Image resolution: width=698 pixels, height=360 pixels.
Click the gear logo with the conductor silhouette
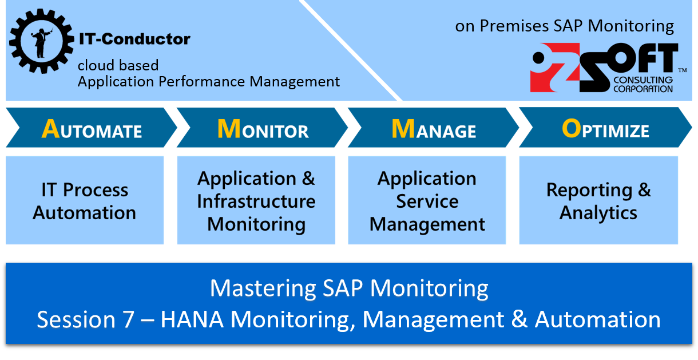click(x=41, y=41)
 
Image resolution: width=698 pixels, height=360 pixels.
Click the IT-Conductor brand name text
click(x=134, y=39)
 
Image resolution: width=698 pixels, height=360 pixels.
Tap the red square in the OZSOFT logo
click(x=546, y=72)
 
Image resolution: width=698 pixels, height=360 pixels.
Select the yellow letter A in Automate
click(x=50, y=130)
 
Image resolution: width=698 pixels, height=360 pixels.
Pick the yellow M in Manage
click(x=403, y=129)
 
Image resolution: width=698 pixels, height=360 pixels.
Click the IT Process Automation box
click(x=85, y=200)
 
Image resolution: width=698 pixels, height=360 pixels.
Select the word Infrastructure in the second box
click(x=256, y=201)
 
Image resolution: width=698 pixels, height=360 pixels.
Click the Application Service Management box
click(x=427, y=200)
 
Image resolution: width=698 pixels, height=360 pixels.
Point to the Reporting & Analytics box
click(x=598, y=200)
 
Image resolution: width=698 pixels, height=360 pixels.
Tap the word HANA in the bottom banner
click(x=192, y=319)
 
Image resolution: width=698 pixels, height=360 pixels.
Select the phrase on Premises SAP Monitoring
click(x=565, y=26)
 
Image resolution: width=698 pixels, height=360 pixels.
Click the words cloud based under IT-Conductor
click(x=118, y=65)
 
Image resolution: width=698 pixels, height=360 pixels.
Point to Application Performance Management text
click(x=209, y=81)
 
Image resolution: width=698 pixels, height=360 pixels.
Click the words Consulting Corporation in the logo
click(x=643, y=84)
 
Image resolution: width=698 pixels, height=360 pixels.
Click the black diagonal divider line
click(x=351, y=50)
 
